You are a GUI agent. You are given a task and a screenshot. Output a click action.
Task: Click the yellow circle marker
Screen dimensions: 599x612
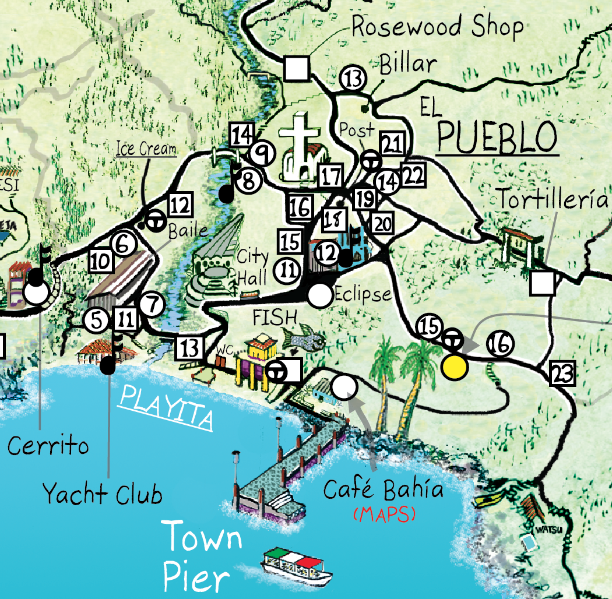tap(454, 367)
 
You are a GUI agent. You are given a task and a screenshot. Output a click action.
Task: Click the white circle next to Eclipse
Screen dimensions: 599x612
tap(319, 296)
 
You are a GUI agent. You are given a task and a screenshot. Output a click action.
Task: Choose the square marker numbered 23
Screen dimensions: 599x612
tap(563, 374)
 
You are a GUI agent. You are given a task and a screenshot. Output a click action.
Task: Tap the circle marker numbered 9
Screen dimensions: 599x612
tap(262, 154)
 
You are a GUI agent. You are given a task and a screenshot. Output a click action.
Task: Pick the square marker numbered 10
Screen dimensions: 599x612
tap(101, 260)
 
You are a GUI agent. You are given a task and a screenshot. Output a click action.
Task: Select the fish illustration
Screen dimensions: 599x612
tap(303, 337)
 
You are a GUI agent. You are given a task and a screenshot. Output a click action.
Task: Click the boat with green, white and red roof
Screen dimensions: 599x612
tap(293, 565)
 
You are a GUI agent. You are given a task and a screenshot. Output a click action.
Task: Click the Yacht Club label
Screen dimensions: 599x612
tap(102, 495)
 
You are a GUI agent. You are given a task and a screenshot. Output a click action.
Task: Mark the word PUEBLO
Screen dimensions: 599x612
tap(497, 138)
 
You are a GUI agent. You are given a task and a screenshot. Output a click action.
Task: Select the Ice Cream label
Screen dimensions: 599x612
tap(146, 149)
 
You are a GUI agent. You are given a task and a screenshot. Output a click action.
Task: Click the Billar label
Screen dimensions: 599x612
tap(407, 64)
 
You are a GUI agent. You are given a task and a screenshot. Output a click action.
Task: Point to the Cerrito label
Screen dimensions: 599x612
tap(48, 446)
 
